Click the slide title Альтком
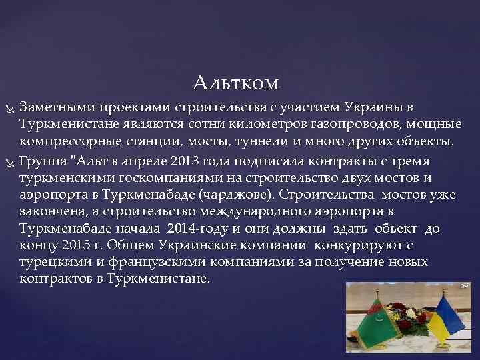(235, 83)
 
